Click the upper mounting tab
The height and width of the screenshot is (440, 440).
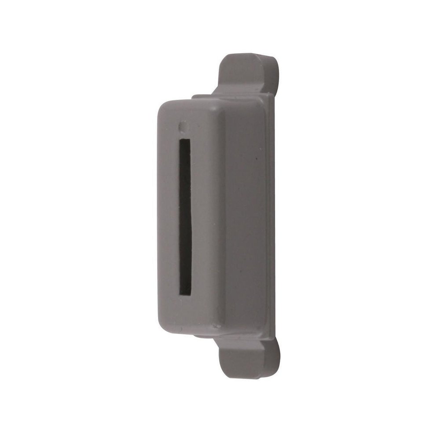click(x=246, y=73)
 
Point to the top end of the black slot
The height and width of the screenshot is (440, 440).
click(x=185, y=142)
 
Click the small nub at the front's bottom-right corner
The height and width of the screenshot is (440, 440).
click(x=216, y=326)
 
